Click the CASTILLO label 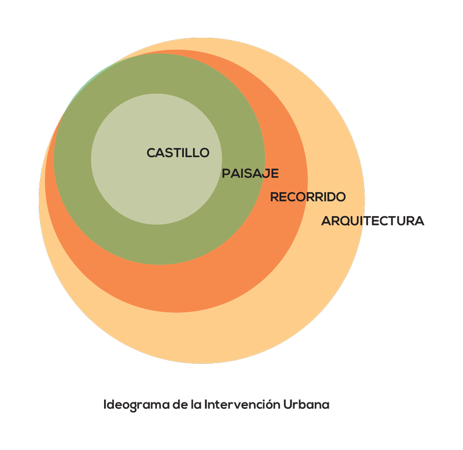[x=178, y=153]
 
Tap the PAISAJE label [x=250, y=173]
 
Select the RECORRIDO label [x=307, y=197]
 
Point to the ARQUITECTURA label [x=372, y=221]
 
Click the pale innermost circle [x=156, y=191]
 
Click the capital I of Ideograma [x=105, y=404]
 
